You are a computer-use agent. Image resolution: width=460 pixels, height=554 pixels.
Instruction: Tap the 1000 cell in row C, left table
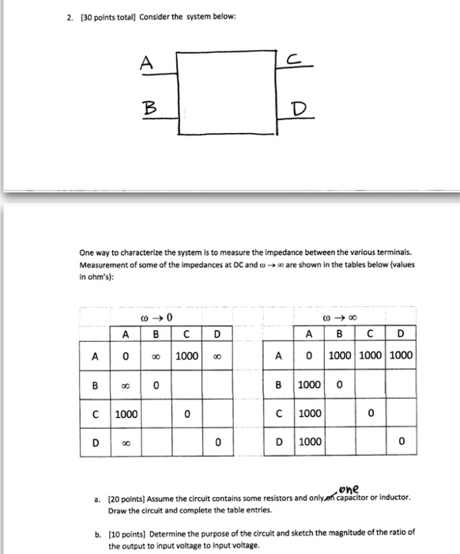(126, 413)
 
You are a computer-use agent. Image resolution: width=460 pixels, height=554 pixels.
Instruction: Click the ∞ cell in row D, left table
(126, 442)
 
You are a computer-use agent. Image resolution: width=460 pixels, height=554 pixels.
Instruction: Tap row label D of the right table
(280, 442)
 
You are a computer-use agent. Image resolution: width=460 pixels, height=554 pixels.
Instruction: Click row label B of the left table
(95, 385)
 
